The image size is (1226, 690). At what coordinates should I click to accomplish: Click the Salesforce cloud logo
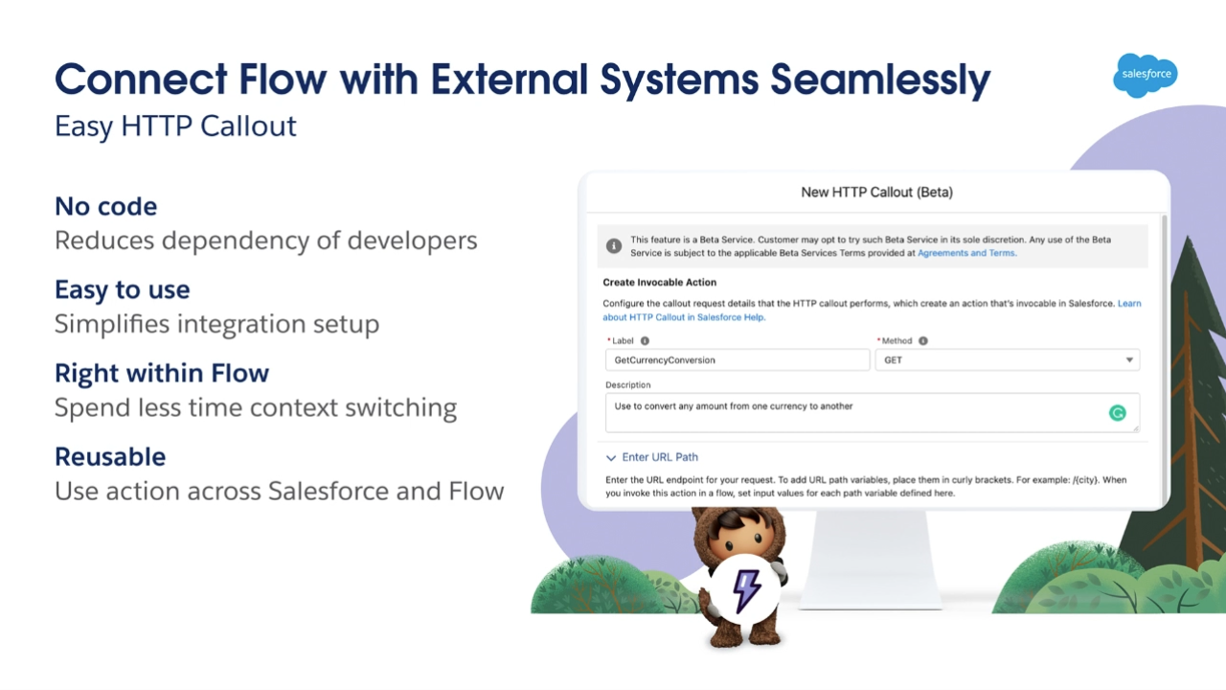point(1146,75)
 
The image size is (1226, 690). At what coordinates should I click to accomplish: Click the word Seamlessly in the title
point(880,80)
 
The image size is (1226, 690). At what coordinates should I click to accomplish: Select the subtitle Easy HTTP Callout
point(175,126)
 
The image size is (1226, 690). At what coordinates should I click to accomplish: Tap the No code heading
point(106,206)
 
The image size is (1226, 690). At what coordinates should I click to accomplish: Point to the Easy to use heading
point(123,289)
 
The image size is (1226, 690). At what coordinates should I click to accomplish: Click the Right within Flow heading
point(162,373)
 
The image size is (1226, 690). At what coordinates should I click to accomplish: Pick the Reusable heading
point(110,457)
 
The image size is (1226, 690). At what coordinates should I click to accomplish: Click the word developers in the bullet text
point(412,241)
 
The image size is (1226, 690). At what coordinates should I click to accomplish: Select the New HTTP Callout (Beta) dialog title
point(876,193)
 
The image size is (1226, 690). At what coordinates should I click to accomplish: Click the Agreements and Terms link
point(966,253)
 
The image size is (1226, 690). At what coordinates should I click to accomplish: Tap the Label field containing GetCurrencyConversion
point(738,359)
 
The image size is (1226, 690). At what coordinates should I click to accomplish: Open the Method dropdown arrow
point(1129,359)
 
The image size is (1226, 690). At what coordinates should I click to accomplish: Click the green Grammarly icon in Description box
point(1117,412)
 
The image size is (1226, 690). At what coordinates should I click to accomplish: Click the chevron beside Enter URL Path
point(611,457)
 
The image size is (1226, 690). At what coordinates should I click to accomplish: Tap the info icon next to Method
point(922,340)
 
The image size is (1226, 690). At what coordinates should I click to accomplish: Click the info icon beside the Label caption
point(645,340)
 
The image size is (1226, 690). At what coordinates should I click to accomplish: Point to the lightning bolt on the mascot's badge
point(746,590)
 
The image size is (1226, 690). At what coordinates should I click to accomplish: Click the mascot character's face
point(740,539)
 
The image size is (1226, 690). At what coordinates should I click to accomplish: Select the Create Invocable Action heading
point(660,283)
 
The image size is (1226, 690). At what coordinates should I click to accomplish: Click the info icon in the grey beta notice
point(614,246)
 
